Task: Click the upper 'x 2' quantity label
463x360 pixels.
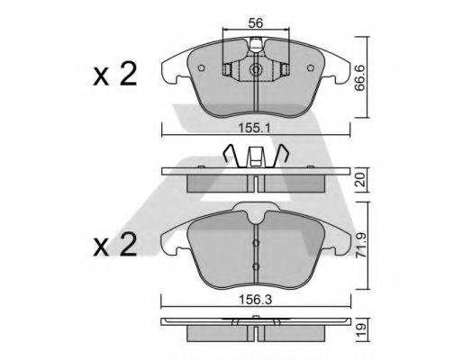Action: [113, 76]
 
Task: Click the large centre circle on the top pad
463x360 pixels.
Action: [256, 70]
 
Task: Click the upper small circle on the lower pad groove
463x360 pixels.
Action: [256, 242]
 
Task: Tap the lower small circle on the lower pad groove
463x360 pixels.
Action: [256, 267]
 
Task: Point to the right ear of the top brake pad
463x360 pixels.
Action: [340, 65]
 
